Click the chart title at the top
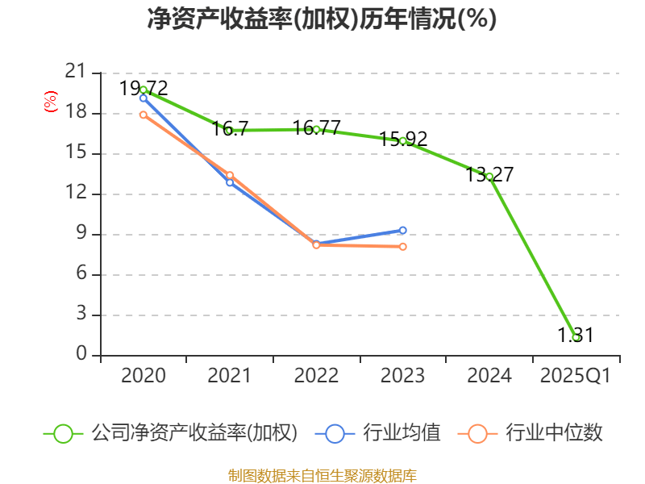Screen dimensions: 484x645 coord(322,19)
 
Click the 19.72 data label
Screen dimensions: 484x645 coord(144,88)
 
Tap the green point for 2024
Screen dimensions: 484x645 coord(489,176)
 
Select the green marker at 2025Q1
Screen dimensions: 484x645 coord(576,337)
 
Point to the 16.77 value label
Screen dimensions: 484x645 coord(317,128)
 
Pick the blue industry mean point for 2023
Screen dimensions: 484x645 coord(403,230)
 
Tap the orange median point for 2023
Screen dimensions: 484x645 coord(403,247)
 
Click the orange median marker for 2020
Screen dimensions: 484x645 coord(144,115)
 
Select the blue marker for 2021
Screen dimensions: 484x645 coord(230,182)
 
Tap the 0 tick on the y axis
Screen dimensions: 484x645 coord(81,355)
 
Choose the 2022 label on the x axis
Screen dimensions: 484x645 coord(316,376)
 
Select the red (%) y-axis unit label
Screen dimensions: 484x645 coord(50,102)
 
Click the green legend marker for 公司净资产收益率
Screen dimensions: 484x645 coord(63,433)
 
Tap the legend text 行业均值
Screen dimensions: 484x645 coord(401,433)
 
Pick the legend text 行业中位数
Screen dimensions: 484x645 coord(553,433)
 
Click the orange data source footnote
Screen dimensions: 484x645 coord(322,475)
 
